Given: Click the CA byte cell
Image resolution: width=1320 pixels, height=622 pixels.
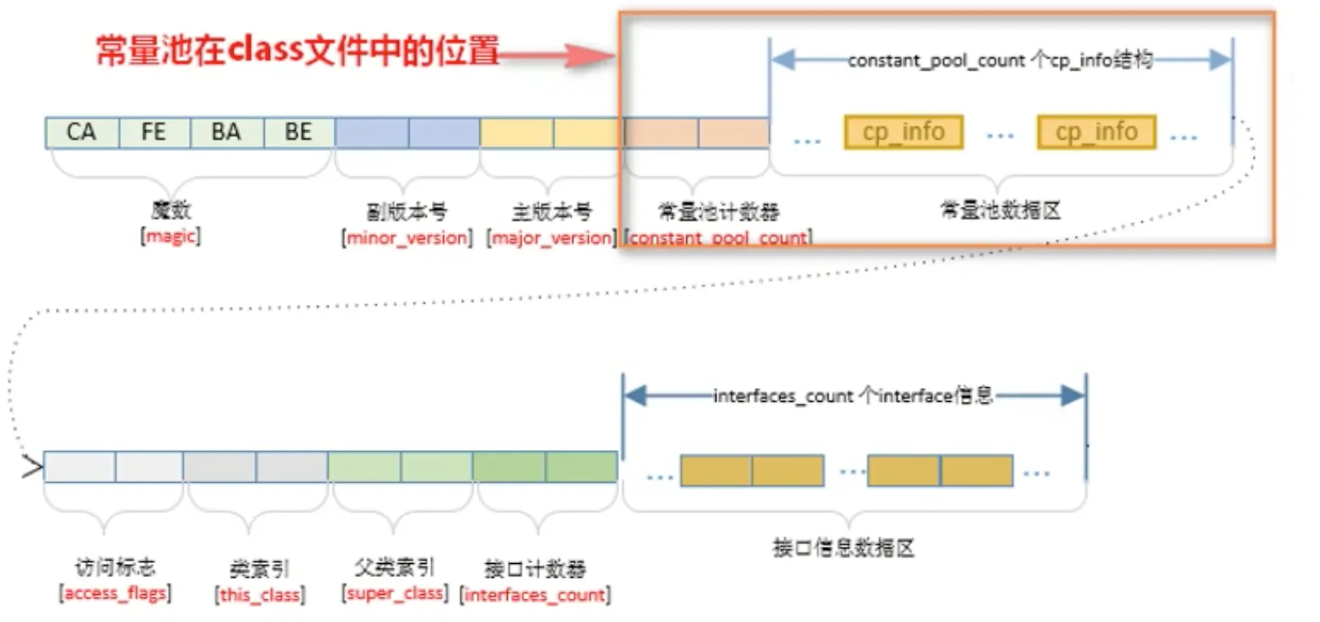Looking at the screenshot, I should (82, 133).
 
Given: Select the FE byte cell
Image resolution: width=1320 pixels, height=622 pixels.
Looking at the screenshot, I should (154, 133).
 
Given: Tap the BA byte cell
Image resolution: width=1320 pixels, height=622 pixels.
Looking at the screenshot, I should (227, 133).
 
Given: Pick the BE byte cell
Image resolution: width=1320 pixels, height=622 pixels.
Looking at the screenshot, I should (299, 133).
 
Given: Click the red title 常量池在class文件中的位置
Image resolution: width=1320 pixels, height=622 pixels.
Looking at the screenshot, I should (297, 51).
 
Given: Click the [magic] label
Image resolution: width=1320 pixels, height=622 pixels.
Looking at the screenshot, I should (171, 237).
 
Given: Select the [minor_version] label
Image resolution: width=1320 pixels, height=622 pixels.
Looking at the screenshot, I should (407, 238).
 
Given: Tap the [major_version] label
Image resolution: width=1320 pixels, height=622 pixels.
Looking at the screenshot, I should (551, 238).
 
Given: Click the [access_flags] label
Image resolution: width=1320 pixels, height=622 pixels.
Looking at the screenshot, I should (115, 593).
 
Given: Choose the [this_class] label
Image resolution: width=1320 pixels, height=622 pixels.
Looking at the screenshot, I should (260, 595).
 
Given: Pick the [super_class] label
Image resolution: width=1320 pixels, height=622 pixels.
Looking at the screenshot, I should (395, 593).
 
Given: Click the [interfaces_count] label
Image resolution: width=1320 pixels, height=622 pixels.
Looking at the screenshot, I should (536, 595).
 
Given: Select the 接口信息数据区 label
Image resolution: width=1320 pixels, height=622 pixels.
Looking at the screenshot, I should (843, 548).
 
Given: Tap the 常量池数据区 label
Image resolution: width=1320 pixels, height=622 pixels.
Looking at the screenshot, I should (1000, 210).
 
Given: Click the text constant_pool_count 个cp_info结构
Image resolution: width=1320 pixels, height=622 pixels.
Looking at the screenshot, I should (1000, 60).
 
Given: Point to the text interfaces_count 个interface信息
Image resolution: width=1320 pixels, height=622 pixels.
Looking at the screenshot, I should (853, 396).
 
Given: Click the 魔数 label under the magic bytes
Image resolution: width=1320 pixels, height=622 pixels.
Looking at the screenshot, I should (171, 210).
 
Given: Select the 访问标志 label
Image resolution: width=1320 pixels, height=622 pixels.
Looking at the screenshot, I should (115, 567).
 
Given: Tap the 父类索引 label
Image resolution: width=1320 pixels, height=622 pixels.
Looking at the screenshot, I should (395, 567).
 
